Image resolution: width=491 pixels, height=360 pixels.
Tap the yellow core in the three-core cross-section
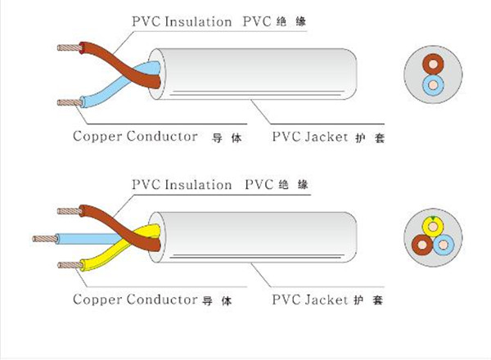[x=432, y=223]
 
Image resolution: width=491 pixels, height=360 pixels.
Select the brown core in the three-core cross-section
[x=422, y=243]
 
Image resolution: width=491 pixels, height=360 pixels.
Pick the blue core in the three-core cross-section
[x=444, y=243]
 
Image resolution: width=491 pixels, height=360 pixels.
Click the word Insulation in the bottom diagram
[x=200, y=185]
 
